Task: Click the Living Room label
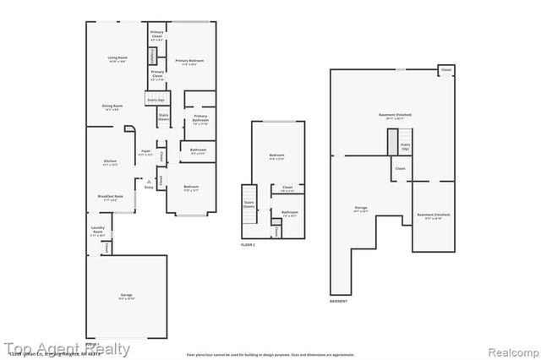(x=117, y=59)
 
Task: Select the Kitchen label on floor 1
(x=110, y=163)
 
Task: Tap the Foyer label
(x=145, y=153)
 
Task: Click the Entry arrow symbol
(x=149, y=183)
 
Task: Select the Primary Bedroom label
(x=190, y=62)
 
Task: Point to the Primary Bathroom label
(x=199, y=118)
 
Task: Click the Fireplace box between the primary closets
(x=153, y=56)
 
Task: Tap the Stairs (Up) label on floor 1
(x=155, y=100)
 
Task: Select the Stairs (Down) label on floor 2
(x=249, y=204)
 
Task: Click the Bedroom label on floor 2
(x=276, y=156)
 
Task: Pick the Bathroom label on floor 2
(x=290, y=215)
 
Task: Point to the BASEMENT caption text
(x=339, y=301)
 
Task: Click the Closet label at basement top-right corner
(x=445, y=69)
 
